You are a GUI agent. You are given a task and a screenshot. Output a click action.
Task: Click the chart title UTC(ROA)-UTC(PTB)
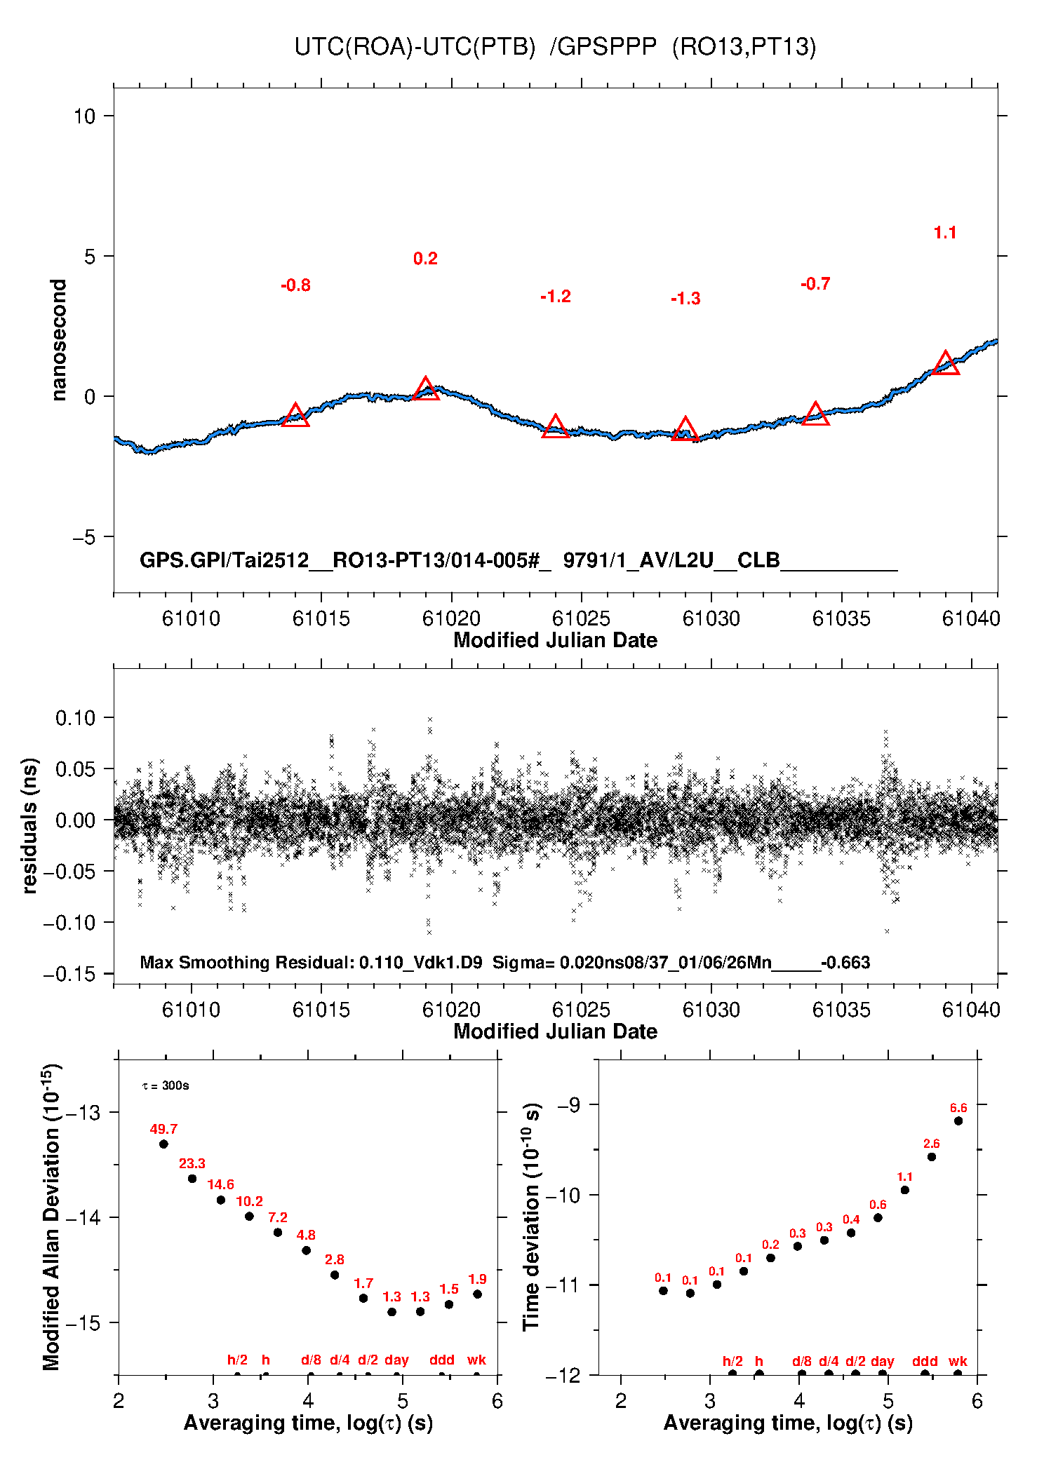pyautogui.click(x=414, y=47)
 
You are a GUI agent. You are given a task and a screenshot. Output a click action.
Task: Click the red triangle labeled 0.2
pyautogui.click(x=426, y=389)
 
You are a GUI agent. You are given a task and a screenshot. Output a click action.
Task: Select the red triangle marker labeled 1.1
pyautogui.click(x=946, y=364)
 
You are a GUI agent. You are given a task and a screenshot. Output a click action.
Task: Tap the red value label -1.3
pyautogui.click(x=685, y=299)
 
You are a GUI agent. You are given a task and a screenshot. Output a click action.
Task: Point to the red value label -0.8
pyautogui.click(x=295, y=285)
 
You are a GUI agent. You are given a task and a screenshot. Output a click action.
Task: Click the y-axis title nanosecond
pyautogui.click(x=59, y=340)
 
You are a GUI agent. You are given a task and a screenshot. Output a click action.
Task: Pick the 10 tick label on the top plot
pyautogui.click(x=85, y=116)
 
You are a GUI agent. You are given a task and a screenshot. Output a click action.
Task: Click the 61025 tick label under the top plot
pyautogui.click(x=581, y=618)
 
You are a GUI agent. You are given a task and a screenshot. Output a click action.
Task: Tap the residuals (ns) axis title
pyautogui.click(x=29, y=825)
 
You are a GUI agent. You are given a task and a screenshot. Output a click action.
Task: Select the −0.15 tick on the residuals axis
pyautogui.click(x=69, y=974)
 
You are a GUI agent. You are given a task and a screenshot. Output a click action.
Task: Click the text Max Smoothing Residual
pyautogui.click(x=246, y=963)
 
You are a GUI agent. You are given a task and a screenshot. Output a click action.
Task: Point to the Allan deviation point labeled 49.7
pyautogui.click(x=163, y=1144)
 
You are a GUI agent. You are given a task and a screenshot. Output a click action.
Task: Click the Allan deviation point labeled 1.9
pyautogui.click(x=477, y=1294)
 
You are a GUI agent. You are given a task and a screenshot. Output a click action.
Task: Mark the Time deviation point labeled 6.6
pyautogui.click(x=958, y=1120)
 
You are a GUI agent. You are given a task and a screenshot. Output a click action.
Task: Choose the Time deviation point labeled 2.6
pyautogui.click(x=931, y=1156)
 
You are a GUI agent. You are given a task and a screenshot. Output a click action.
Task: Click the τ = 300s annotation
pyautogui.click(x=166, y=1085)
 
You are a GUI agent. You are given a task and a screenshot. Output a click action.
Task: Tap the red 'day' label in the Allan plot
pyautogui.click(x=396, y=1360)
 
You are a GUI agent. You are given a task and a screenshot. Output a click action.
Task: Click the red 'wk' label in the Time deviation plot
pyautogui.click(x=958, y=1361)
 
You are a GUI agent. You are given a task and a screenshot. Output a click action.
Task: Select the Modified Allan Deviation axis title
pyautogui.click(x=51, y=1217)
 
